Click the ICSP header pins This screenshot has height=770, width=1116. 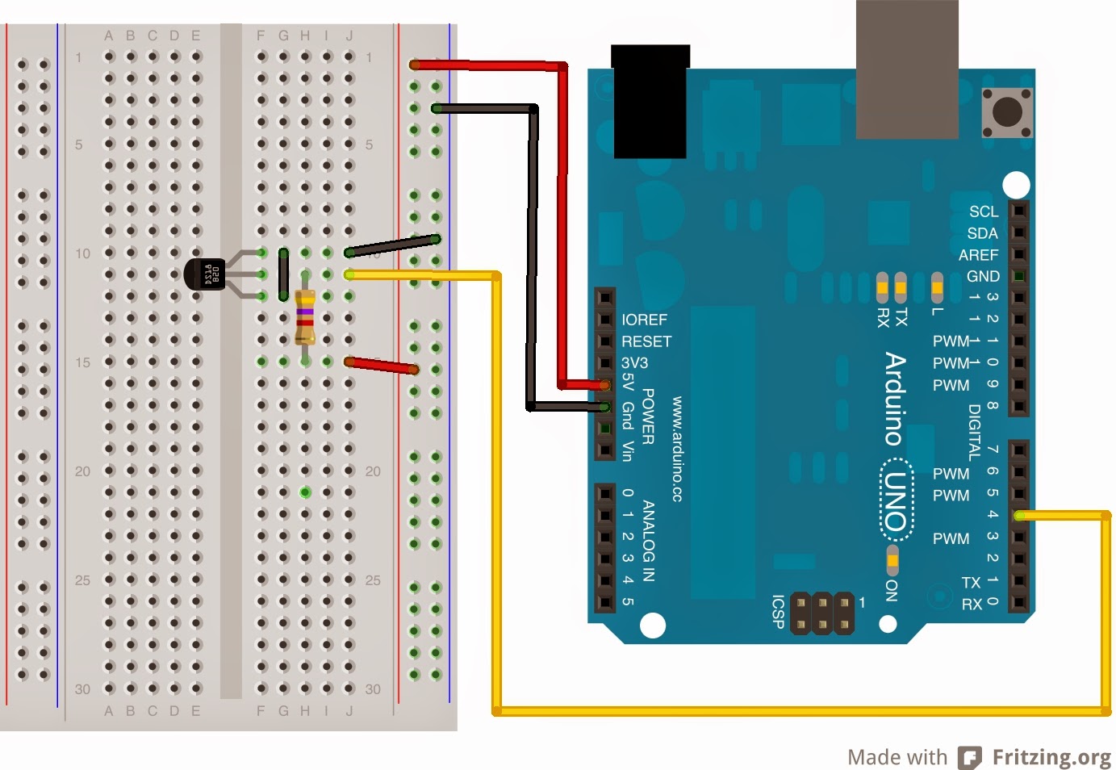click(821, 613)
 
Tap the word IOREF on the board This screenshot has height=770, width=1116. click(644, 320)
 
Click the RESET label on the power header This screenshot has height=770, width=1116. click(646, 341)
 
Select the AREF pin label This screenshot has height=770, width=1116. click(978, 255)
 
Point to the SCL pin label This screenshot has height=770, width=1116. click(983, 211)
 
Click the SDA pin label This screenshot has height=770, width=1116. click(982, 233)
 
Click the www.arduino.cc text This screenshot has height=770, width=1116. click(677, 449)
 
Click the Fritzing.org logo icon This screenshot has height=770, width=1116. click(969, 757)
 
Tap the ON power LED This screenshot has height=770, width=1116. click(892, 559)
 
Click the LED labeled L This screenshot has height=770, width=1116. click(937, 286)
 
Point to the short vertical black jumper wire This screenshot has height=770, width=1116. click(283, 274)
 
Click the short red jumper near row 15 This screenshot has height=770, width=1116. click(381, 366)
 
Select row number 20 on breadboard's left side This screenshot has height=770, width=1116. click(82, 471)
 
